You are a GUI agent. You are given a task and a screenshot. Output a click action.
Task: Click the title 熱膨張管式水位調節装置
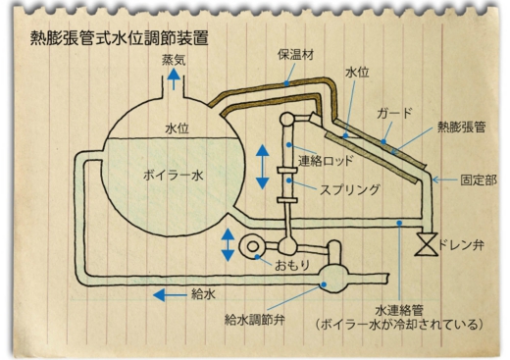coord(120,38)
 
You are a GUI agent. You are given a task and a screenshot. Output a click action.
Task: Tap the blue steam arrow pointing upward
coord(174,79)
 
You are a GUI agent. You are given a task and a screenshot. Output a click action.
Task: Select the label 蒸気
coord(174,60)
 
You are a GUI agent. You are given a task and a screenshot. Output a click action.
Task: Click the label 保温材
coord(295,55)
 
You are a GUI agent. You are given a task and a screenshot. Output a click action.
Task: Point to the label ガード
coord(394,113)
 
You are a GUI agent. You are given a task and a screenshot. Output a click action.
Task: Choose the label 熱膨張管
coord(461,127)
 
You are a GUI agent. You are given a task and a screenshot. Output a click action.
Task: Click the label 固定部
coord(479,180)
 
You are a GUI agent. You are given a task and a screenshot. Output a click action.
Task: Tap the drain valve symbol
coord(426,244)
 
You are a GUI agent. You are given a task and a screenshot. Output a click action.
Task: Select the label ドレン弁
coord(461,245)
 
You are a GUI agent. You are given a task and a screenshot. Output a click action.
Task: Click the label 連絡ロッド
coord(326,161)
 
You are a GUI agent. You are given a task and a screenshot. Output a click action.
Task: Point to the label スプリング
coord(349,189)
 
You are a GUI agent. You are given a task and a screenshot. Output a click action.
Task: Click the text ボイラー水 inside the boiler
coord(174,176)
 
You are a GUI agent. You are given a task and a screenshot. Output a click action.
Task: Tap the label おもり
coord(292,266)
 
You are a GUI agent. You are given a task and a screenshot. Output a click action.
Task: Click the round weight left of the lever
coord(252,247)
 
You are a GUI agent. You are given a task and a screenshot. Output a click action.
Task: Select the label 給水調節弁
coord(254,320)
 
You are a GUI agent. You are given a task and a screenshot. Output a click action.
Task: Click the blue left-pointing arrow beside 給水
coord(170,295)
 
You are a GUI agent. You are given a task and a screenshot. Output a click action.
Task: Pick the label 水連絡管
coord(399,310)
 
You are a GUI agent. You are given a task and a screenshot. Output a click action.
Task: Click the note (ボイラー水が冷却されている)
coord(399,325)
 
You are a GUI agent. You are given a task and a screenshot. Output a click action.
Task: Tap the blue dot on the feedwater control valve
coord(324,284)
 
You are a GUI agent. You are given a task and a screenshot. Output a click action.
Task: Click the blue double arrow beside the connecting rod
coord(262,167)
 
